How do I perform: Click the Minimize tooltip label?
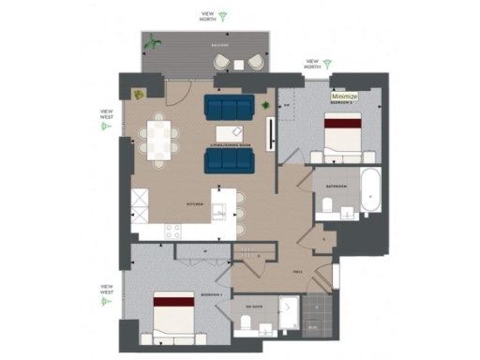point(345,96)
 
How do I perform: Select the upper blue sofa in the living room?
point(229,105)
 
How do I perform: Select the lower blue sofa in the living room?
point(229,161)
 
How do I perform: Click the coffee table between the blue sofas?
point(231,133)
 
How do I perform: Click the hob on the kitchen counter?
point(173,229)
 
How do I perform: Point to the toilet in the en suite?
point(247,323)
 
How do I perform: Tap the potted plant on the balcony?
point(153,42)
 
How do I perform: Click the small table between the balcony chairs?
point(240,63)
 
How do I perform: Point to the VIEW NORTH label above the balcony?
point(207,17)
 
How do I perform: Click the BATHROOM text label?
point(336,187)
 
